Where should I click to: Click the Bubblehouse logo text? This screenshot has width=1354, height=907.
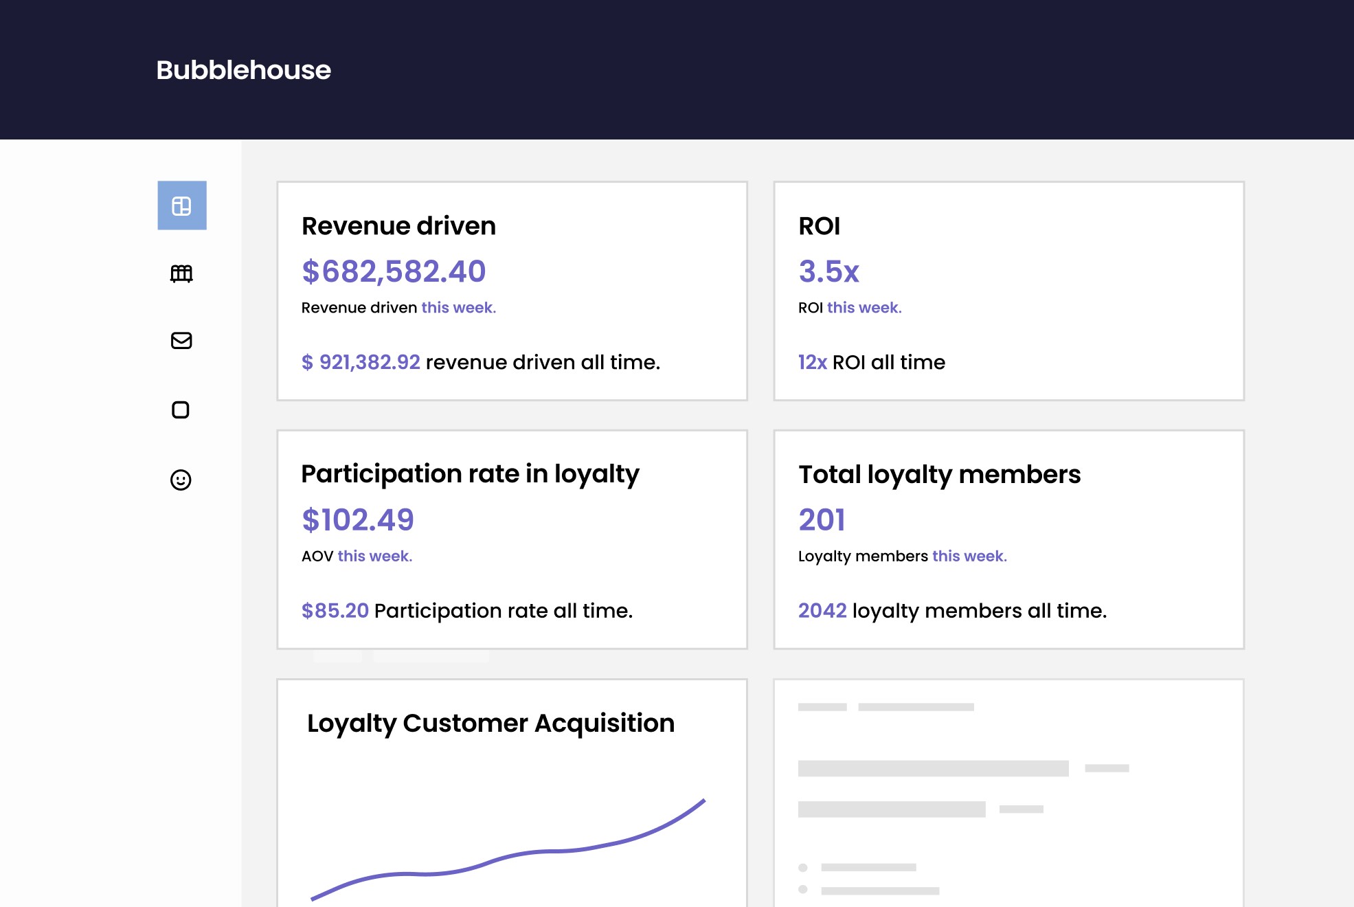coord(243,70)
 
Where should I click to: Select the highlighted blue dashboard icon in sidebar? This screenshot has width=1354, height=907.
coord(182,205)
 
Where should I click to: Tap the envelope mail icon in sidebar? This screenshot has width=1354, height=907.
coord(181,341)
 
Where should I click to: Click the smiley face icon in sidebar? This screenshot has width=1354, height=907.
coord(181,480)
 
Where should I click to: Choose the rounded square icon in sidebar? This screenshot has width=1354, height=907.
coord(181,410)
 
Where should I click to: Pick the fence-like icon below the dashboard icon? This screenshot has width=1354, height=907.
coord(181,273)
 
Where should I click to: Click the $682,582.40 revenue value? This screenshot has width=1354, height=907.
coord(394,271)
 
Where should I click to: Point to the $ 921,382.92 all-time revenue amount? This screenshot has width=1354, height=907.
coord(361,362)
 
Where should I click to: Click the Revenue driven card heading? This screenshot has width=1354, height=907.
coord(398,226)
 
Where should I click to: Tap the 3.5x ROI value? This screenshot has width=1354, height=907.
coord(828,271)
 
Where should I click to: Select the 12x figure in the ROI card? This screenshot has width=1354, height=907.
coord(812,362)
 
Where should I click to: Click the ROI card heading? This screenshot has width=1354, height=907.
coord(819,226)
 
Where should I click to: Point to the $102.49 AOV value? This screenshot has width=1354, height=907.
coord(358,520)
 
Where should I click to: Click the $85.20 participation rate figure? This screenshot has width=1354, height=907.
coord(335,611)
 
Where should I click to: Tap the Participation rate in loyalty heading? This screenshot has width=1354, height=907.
coord(470,475)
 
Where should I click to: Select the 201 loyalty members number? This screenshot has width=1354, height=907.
coord(822,520)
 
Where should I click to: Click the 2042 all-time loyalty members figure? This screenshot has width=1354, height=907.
coord(822,611)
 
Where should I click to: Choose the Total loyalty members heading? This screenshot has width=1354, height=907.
coord(939,475)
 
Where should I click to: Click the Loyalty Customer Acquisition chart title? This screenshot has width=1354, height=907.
coord(490,724)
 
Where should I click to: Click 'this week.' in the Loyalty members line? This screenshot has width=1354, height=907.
coord(969,556)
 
